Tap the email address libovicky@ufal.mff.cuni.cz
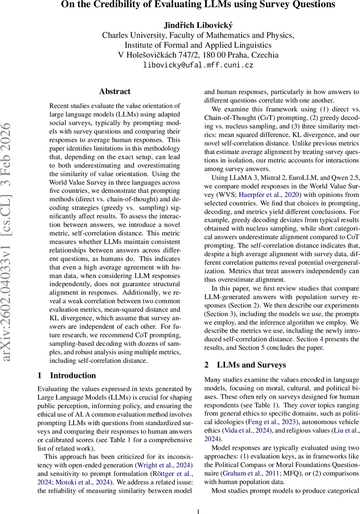(x=198, y=65)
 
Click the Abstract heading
(x=115, y=91)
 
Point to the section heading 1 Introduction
(x=67, y=376)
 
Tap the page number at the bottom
(x=198, y=511)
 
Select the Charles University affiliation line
(x=198, y=35)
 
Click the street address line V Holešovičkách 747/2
(x=198, y=55)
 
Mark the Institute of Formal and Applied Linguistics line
(x=198, y=45)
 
